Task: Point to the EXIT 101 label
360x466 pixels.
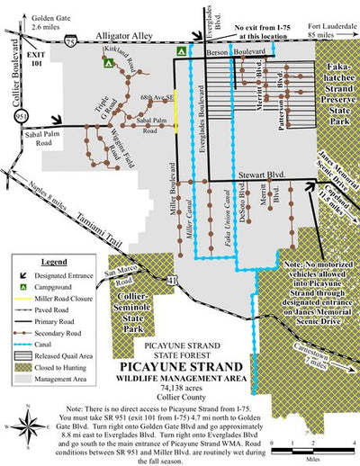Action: tap(35, 60)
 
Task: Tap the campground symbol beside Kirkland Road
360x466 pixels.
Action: tap(107, 64)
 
